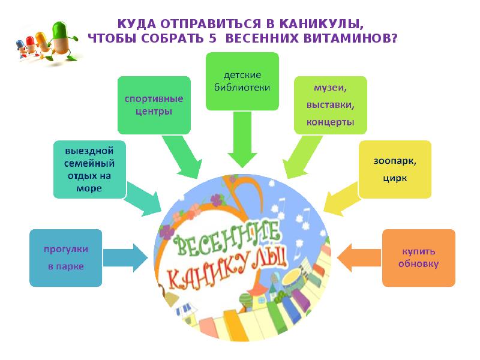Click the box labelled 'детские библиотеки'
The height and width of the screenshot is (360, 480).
pyautogui.click(x=242, y=82)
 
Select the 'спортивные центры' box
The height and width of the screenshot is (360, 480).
pyautogui.click(x=154, y=104)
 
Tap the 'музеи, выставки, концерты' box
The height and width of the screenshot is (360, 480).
pyautogui.click(x=329, y=105)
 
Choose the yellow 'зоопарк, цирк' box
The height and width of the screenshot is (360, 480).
pyautogui.click(x=394, y=170)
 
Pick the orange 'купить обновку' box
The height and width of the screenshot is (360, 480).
pyautogui.click(x=418, y=258)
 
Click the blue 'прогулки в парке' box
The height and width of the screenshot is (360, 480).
pyautogui.click(x=65, y=257)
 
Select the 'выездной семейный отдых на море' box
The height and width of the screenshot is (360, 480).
pyautogui.click(x=89, y=169)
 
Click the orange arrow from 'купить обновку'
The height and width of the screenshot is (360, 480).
pyautogui.click(x=359, y=259)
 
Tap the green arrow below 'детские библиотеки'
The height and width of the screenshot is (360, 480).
pyautogui.click(x=242, y=141)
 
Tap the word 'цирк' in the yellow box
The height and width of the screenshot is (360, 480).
pyautogui.click(x=394, y=178)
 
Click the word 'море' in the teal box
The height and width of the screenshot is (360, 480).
pyautogui.click(x=89, y=188)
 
